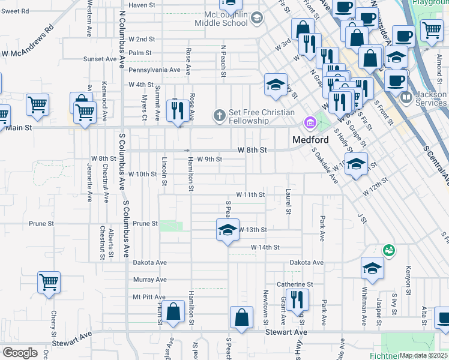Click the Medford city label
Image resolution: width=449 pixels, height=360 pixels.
click(x=310, y=140)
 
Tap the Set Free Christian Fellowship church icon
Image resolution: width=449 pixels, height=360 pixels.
click(x=220, y=115)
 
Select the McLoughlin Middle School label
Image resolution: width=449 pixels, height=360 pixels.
click(x=218, y=19)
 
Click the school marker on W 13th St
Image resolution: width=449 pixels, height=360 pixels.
click(x=227, y=230)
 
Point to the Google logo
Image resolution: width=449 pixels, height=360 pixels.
click(x=20, y=353)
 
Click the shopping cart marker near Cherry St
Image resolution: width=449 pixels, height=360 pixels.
click(x=49, y=281)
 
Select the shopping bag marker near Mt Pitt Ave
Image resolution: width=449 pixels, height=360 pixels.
click(x=173, y=312)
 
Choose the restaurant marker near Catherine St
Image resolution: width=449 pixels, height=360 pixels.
click(x=297, y=298)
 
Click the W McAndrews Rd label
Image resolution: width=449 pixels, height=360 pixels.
click(x=28, y=40)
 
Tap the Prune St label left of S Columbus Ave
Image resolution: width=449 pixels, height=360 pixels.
click(x=41, y=224)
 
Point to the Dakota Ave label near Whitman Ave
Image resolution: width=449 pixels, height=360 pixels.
click(x=306, y=263)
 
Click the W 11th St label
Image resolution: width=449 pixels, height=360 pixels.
click(x=250, y=195)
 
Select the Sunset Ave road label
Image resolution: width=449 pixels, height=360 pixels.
click(x=100, y=59)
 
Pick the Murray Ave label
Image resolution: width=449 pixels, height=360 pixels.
click(x=149, y=280)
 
